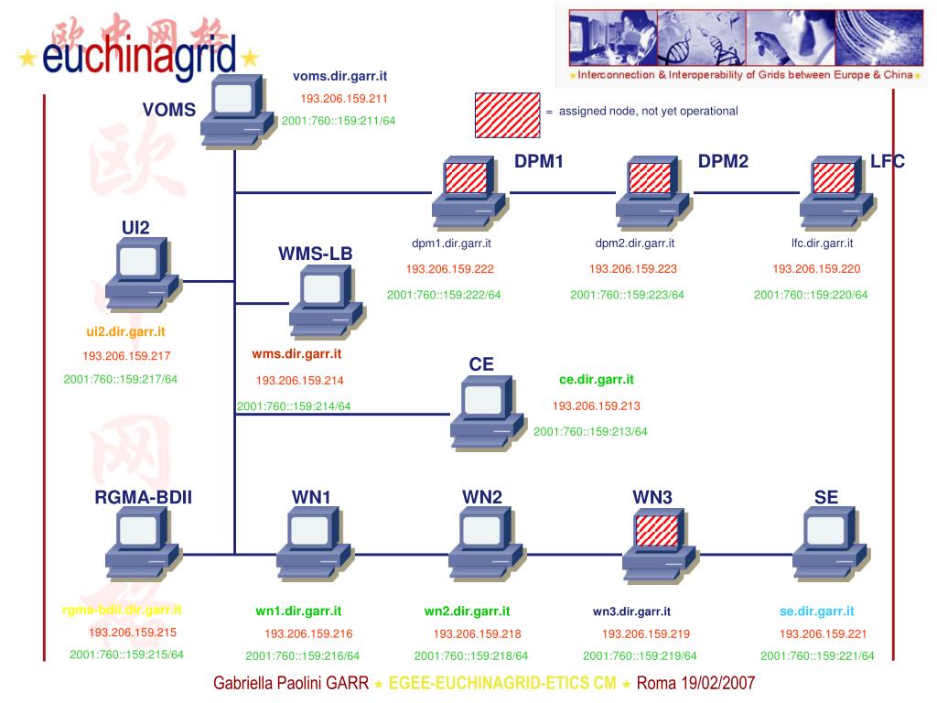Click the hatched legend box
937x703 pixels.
point(506,114)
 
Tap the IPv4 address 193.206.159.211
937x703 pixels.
point(344,99)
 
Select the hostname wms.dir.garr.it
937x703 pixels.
point(296,354)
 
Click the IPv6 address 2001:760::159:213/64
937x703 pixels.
point(590,432)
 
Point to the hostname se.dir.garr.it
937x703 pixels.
point(816,611)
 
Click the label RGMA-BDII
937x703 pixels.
point(143,498)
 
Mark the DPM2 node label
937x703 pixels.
point(723,162)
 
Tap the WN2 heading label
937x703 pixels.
point(481,498)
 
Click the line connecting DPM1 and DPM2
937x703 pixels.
point(562,193)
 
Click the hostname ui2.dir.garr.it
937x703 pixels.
point(125,332)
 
